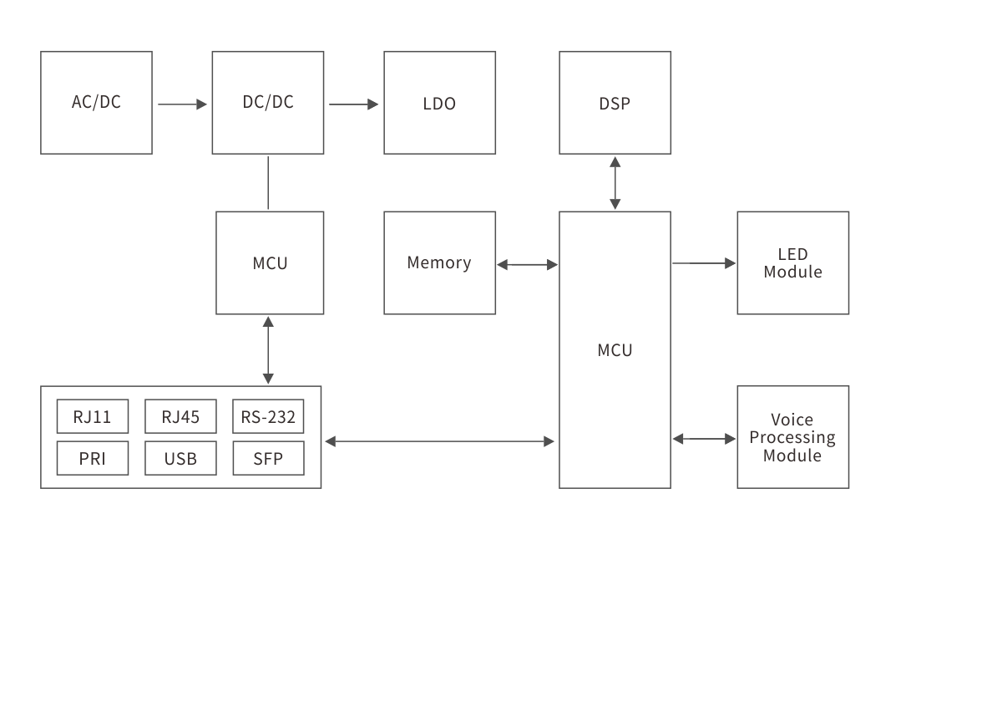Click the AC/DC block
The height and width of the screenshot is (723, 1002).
[96, 103]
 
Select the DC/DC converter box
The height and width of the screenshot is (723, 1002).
[268, 103]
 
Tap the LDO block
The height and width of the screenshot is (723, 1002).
[439, 103]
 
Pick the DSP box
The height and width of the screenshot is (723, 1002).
[615, 103]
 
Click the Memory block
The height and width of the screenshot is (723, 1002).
[439, 262]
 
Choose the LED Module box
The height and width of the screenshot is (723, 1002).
[792, 262]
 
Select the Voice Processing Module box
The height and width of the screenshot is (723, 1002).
[792, 437]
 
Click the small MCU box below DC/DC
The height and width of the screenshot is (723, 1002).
[270, 262]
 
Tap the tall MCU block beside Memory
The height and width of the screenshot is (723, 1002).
[615, 349]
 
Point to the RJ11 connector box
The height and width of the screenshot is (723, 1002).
[93, 416]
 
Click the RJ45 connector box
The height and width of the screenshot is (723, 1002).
[180, 416]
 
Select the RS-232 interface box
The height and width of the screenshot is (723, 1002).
[268, 416]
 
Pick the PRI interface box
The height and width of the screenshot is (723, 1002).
[93, 458]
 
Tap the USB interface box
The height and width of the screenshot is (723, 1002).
[180, 458]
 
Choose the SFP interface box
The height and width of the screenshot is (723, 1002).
[268, 458]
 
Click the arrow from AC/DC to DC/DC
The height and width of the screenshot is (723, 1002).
[182, 104]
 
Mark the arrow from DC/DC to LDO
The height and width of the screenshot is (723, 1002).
[353, 104]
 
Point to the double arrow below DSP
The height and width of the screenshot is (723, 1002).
[615, 182]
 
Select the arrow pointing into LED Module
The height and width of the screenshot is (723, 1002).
[704, 263]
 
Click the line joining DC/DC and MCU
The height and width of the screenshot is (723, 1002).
[268, 182]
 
